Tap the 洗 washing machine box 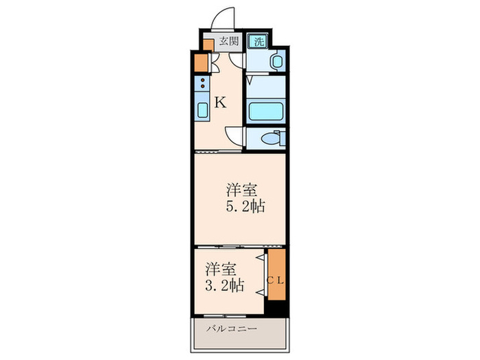[258, 41]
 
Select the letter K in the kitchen [220, 103]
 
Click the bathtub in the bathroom [264, 111]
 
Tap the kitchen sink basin [204, 110]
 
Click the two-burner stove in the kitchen [204, 86]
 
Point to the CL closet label [276, 279]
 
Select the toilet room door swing [235, 134]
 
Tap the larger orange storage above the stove [200, 62]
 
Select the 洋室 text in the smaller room [215, 267]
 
